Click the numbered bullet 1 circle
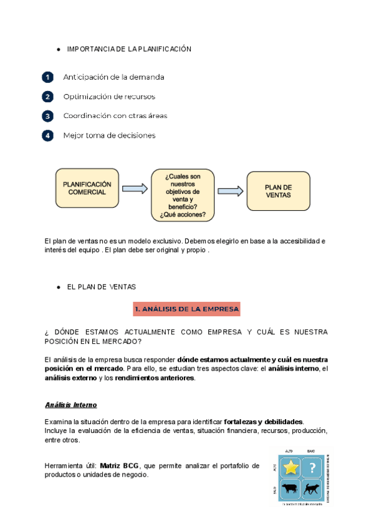[47, 77]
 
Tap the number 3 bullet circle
[47, 116]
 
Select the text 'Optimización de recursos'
[109, 97]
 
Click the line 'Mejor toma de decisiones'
[109, 135]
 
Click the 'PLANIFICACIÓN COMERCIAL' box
[87, 188]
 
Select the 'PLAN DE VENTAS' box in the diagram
[278, 191]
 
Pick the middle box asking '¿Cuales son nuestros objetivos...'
[183, 194]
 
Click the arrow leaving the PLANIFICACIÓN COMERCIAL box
[134, 188]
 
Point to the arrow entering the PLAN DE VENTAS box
[230, 191]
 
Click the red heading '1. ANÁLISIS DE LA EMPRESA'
[186, 309]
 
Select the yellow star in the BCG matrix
[291, 467]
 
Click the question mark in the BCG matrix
[312, 467]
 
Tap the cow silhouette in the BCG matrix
[291, 488]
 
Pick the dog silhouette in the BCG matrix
[312, 488]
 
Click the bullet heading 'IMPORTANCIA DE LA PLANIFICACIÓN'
[129, 49]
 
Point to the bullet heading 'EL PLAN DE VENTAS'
[101, 286]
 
